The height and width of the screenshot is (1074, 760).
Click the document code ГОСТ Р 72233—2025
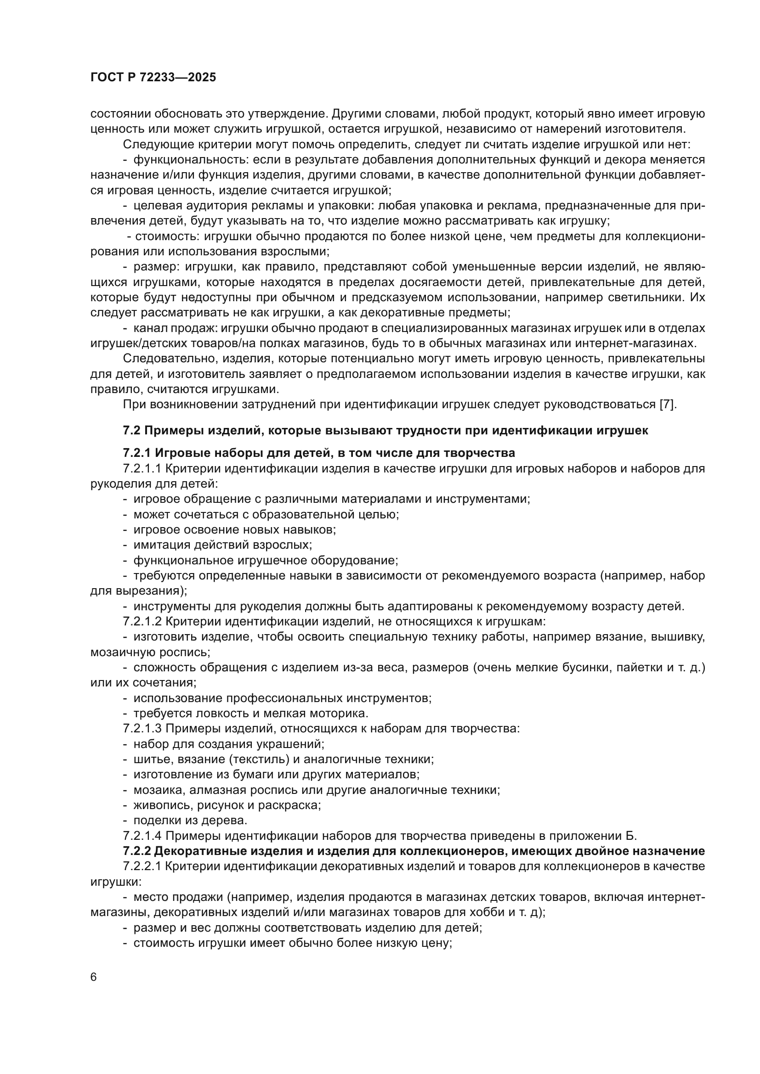[x=153, y=78]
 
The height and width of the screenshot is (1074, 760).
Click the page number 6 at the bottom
[x=94, y=978]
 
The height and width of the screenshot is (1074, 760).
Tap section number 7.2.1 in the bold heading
[x=136, y=453]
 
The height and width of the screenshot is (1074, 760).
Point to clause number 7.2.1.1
[x=142, y=468]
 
